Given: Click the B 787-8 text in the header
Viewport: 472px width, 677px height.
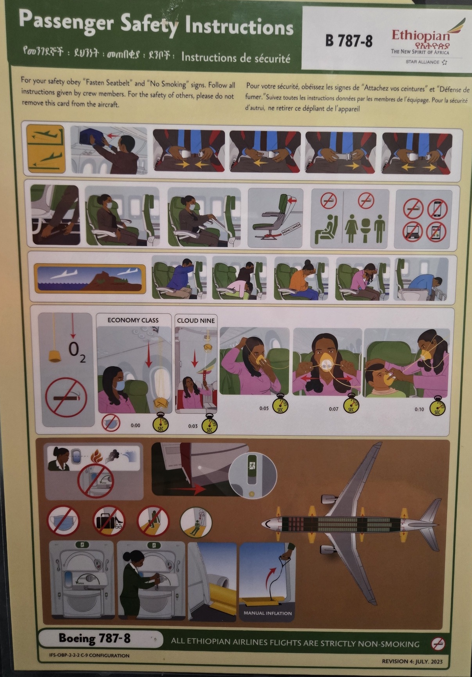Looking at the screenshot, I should point(349,41).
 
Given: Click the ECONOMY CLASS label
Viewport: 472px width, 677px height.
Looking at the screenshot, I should point(133,320).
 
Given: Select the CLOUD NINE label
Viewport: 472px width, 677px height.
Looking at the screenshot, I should point(196,321).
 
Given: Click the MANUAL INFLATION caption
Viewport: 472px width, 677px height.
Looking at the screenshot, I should point(267,613).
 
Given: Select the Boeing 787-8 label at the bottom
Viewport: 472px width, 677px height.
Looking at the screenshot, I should point(94,639).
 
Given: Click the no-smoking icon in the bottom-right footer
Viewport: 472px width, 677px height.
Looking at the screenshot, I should point(438,644).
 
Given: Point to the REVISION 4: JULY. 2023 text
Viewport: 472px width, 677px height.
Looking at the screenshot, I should point(412,661).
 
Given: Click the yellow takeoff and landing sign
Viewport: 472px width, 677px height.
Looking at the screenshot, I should point(45,149).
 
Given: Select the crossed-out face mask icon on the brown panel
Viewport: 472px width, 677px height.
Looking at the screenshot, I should point(63,521).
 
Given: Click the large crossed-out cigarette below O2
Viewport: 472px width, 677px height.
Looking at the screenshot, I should point(66,398).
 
